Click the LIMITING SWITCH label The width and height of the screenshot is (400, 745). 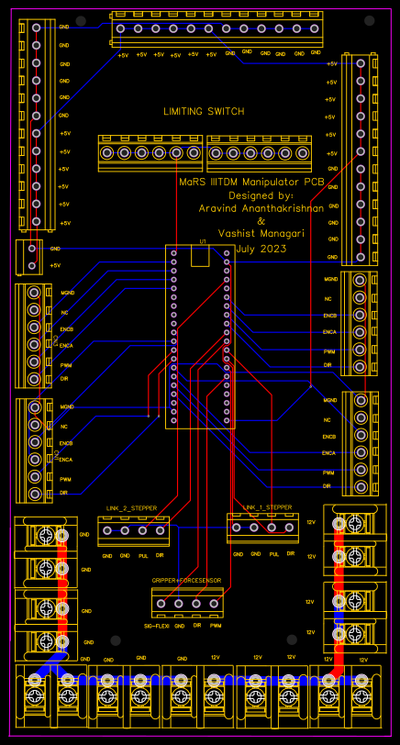204,111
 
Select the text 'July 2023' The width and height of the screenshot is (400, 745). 261,249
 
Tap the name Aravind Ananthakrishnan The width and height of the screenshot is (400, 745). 261,208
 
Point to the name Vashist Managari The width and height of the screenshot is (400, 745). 261,235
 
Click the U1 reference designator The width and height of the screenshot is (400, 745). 203,242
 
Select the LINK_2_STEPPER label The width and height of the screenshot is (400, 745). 131,507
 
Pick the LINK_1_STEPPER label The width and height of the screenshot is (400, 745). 268,506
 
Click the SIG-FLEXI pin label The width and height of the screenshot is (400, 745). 157,625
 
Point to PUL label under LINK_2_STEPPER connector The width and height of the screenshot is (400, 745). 143,556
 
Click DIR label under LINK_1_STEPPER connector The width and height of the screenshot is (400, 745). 291,554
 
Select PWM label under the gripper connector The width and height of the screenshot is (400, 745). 216,625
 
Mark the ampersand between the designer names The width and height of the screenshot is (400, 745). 261,221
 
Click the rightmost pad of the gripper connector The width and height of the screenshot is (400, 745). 214,603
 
